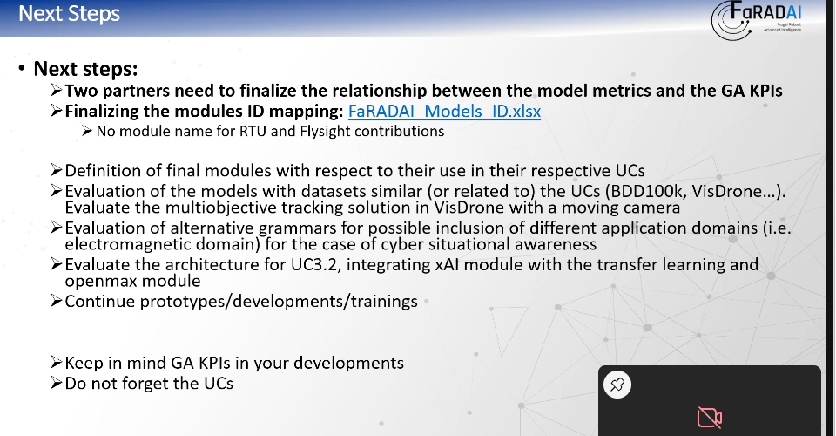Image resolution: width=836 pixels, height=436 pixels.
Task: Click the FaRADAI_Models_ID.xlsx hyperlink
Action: [444, 111]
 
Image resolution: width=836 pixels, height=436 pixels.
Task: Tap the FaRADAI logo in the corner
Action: [757, 20]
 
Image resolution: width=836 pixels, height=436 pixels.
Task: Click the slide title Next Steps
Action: [70, 13]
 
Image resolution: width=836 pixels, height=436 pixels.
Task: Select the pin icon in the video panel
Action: [617, 385]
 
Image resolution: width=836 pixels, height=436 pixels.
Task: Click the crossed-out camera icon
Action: [710, 417]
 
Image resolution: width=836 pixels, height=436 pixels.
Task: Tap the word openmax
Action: [94, 282]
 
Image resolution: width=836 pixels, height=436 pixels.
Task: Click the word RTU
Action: [253, 132]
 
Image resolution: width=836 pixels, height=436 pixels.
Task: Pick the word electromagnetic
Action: [127, 244]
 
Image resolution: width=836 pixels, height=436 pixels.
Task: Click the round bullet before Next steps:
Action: [21, 68]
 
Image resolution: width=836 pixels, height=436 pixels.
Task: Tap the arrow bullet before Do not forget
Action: [56, 383]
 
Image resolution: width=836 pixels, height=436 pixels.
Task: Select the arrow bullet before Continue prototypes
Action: [56, 301]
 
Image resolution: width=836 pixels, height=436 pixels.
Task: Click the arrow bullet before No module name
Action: [87, 130]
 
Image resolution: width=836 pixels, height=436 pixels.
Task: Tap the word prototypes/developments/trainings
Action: [279, 302]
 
